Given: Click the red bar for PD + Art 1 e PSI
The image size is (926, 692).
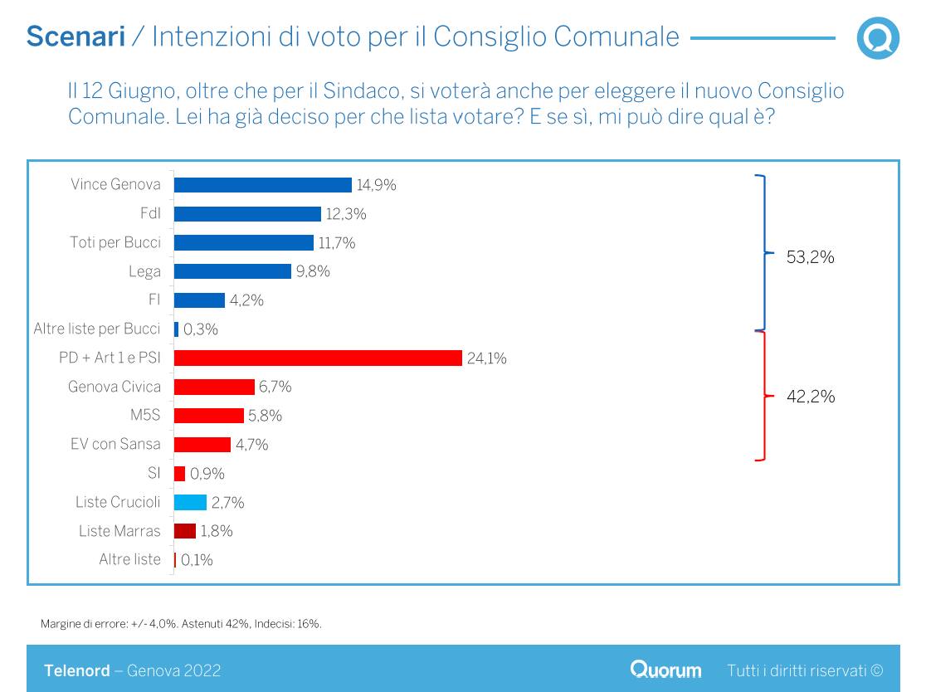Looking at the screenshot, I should pyautogui.click(x=318, y=358).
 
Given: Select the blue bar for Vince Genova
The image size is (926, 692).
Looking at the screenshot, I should pyautogui.click(x=262, y=185).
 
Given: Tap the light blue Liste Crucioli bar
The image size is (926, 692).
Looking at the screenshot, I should pyautogui.click(x=190, y=502).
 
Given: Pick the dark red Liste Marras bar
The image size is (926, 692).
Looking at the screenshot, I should pyautogui.click(x=184, y=531).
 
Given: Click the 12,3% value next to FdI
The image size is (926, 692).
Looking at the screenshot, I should pyautogui.click(x=345, y=214).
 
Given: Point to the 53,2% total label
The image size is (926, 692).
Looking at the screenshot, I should pyautogui.click(x=810, y=257).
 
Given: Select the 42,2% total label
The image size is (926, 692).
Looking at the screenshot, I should pyautogui.click(x=810, y=397).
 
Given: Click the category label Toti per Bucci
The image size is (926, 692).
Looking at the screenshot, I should pyautogui.click(x=115, y=242).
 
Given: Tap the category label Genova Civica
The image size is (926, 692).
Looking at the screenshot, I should pyautogui.click(x=115, y=387).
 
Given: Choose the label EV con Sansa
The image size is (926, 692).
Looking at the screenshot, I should pyautogui.click(x=115, y=444).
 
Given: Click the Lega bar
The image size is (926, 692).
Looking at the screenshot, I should pyautogui.click(x=232, y=271).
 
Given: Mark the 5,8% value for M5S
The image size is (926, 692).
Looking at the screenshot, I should pyautogui.click(x=265, y=416).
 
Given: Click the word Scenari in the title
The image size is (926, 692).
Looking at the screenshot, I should pyautogui.click(x=76, y=37).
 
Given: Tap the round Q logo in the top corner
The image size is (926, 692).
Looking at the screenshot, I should pyautogui.click(x=878, y=38).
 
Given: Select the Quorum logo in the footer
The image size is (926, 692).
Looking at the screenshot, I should pyautogui.click(x=665, y=670).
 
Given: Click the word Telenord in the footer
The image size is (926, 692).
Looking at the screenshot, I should pyautogui.click(x=76, y=670).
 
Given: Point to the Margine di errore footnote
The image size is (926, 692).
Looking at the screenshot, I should pyautogui.click(x=181, y=623).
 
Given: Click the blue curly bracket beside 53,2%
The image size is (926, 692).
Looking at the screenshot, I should pyautogui.click(x=762, y=252).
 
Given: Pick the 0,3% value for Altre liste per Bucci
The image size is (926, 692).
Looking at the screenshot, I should pyautogui.click(x=200, y=329).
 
